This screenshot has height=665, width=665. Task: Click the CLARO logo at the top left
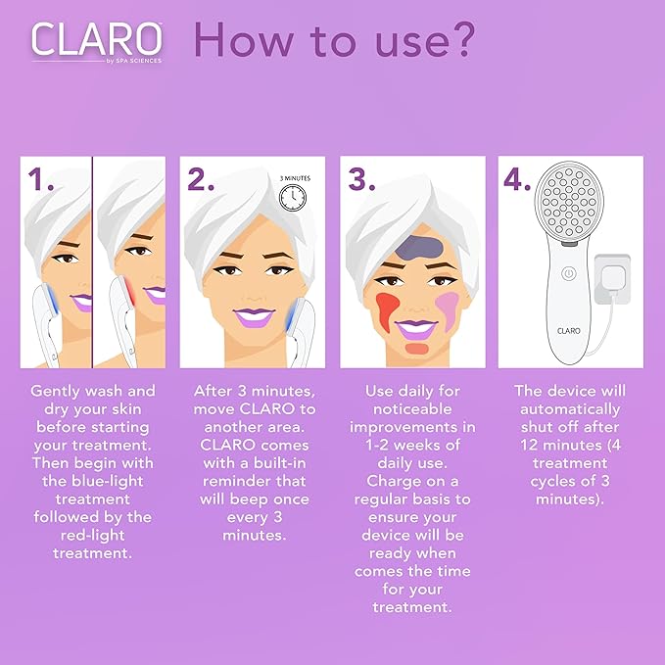pyautogui.click(x=96, y=39)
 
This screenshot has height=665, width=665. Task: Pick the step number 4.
pyautogui.click(x=520, y=179)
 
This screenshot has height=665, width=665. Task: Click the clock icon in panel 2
pyautogui.click(x=291, y=199)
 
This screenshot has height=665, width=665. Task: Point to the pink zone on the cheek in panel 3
pyautogui.click(x=448, y=299)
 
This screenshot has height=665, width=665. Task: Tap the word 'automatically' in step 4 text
pyautogui.click(x=569, y=409)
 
